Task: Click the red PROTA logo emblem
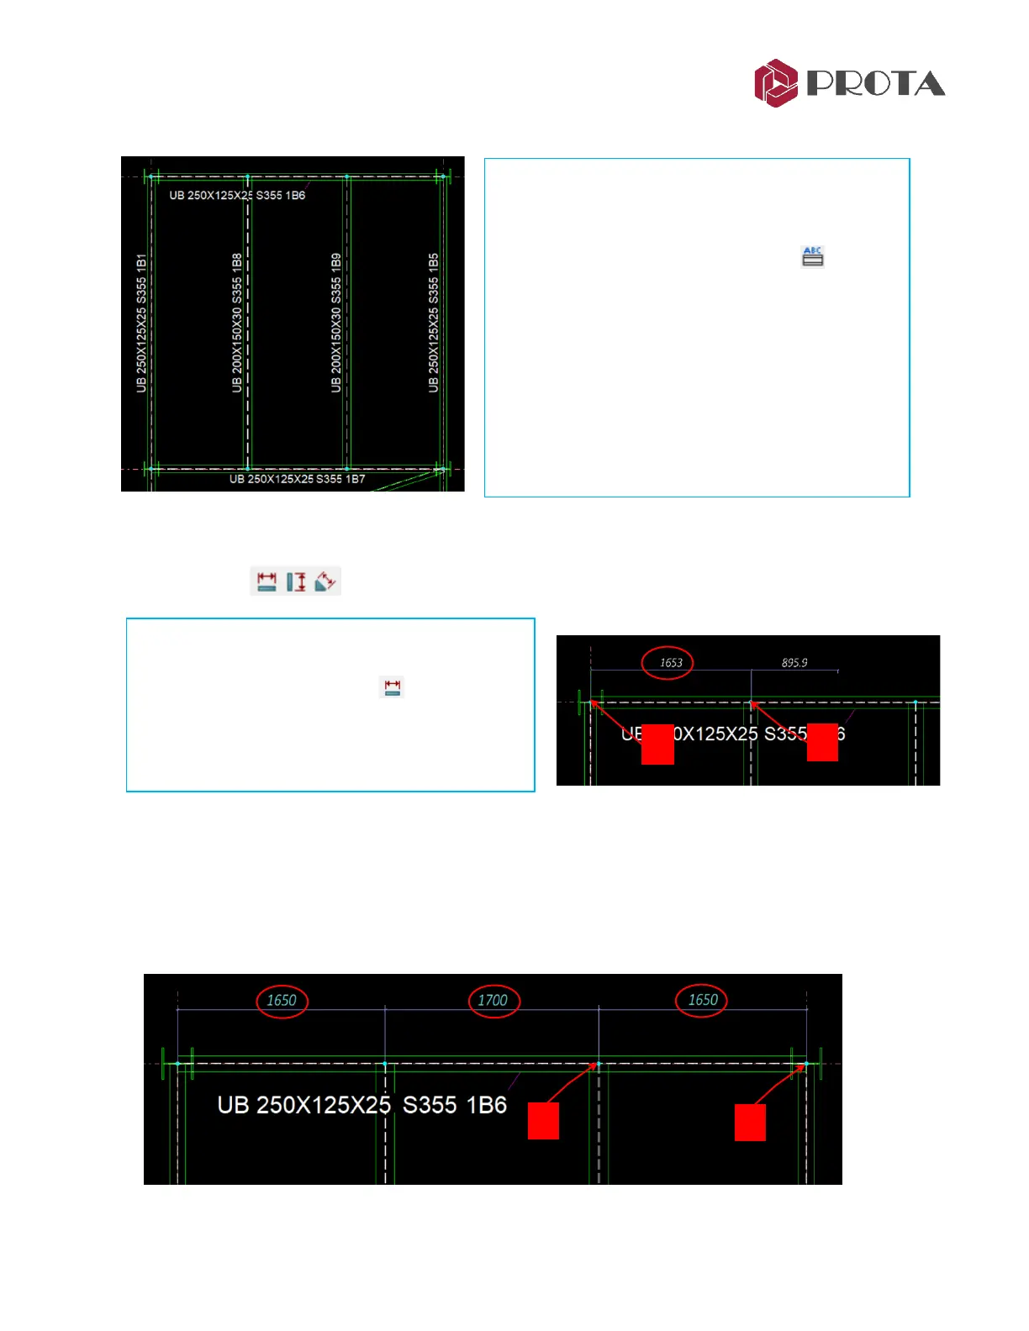tap(775, 82)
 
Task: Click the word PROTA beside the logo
tap(876, 83)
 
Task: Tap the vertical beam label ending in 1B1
tap(141, 323)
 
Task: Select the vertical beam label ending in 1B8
tap(237, 323)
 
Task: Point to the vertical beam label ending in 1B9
tap(336, 323)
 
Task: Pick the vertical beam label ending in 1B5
tap(434, 323)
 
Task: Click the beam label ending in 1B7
tap(297, 479)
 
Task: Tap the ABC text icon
tap(812, 256)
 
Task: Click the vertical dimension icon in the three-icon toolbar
tap(296, 581)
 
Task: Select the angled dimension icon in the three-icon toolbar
tap(325, 581)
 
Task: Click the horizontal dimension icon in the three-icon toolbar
tap(266, 581)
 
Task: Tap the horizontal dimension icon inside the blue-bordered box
tap(392, 687)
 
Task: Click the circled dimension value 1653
tap(669, 663)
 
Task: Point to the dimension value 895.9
tap(794, 663)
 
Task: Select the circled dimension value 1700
tap(493, 1000)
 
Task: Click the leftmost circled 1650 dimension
tap(282, 1000)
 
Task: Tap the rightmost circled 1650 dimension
tap(703, 1000)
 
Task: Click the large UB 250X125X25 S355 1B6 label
tap(362, 1104)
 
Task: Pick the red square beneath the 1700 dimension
tap(543, 1121)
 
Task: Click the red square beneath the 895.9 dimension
tap(822, 742)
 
